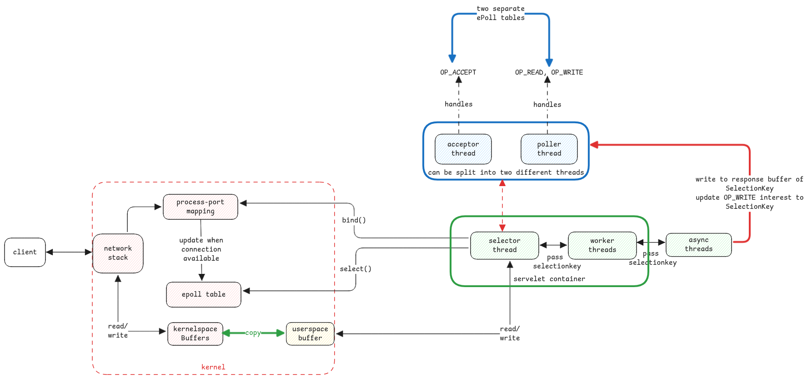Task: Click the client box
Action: pos(25,252)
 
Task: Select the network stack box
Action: pos(118,253)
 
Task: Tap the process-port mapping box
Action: pos(200,207)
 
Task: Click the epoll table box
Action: pos(203,294)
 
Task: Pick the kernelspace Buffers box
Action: pos(195,334)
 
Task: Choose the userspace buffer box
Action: pos(310,334)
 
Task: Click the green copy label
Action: pos(253,333)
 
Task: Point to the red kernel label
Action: pos(213,367)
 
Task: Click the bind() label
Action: pos(354,220)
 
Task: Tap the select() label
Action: pos(356,269)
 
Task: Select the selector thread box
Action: pos(504,245)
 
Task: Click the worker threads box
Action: pos(602,245)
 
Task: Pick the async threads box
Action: pos(698,244)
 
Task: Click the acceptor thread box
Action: pos(463,149)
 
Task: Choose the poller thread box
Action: pos(549,149)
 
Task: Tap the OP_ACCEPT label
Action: pos(458,72)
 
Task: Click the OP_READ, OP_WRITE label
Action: pos(549,72)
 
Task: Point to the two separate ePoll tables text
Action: pos(500,13)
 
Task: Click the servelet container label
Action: pos(549,279)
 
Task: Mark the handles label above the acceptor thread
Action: pos(458,104)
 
